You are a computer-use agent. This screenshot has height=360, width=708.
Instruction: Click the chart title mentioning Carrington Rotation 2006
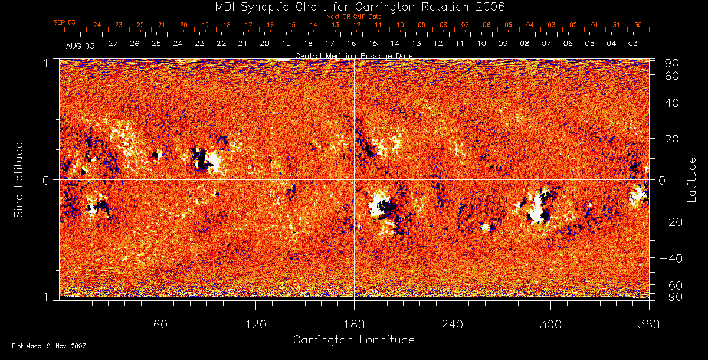tap(353, 6)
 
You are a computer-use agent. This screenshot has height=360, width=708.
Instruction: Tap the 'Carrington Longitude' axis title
tap(353, 340)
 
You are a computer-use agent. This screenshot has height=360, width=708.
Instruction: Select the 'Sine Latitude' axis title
tap(19, 179)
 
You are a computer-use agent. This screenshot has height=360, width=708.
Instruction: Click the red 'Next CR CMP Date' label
tap(353, 17)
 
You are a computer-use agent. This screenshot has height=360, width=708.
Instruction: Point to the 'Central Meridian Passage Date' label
tap(353, 55)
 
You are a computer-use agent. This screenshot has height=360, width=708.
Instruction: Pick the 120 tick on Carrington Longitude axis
tap(256, 324)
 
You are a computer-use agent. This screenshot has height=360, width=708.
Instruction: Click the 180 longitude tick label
tap(354, 324)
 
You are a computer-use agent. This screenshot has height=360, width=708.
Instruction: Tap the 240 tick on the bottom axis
tap(453, 324)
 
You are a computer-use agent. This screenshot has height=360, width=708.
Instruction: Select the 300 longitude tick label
tap(550, 324)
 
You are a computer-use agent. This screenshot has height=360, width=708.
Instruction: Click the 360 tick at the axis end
tap(648, 324)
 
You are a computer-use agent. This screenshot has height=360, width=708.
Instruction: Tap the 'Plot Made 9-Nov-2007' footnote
tap(49, 346)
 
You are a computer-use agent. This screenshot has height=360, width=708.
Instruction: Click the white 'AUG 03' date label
tap(80, 45)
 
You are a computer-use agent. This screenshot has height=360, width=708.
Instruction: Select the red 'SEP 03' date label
tap(65, 22)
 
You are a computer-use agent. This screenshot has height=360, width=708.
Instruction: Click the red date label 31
tap(616, 25)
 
